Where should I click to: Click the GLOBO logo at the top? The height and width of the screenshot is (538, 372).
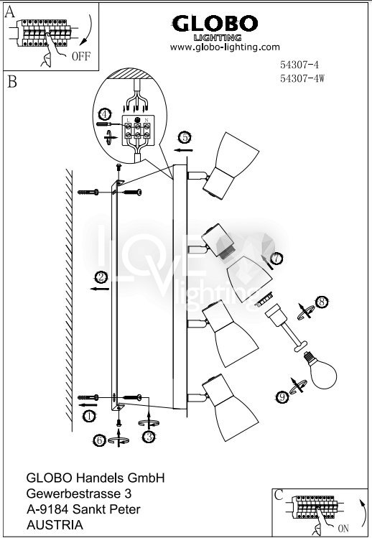click(x=215, y=28)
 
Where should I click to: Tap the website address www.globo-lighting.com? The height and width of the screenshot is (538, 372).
click(x=225, y=47)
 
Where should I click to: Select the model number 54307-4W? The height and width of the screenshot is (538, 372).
click(x=302, y=78)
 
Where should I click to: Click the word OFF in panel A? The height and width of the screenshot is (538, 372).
click(x=81, y=56)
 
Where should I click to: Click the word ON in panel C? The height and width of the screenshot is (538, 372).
click(x=343, y=528)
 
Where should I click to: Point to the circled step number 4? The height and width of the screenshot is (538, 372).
click(x=105, y=113)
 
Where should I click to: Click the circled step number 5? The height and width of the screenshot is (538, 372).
click(x=185, y=138)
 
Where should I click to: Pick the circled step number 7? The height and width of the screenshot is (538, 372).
click(x=276, y=258)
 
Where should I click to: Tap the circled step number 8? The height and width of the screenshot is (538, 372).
click(x=321, y=302)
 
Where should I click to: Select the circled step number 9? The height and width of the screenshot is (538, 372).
click(x=282, y=397)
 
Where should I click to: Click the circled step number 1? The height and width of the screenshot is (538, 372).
click(x=89, y=416)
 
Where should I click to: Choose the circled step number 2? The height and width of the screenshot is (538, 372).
click(x=101, y=277)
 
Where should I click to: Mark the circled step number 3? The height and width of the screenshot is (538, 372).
click(x=149, y=437)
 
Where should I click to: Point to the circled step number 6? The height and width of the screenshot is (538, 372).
click(x=100, y=440)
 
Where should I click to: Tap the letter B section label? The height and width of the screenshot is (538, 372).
click(x=12, y=82)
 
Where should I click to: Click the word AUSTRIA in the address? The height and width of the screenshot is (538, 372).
click(x=55, y=525)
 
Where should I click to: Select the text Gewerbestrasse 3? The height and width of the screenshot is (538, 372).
click(x=79, y=493)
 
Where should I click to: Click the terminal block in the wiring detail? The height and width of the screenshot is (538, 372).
click(x=138, y=130)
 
